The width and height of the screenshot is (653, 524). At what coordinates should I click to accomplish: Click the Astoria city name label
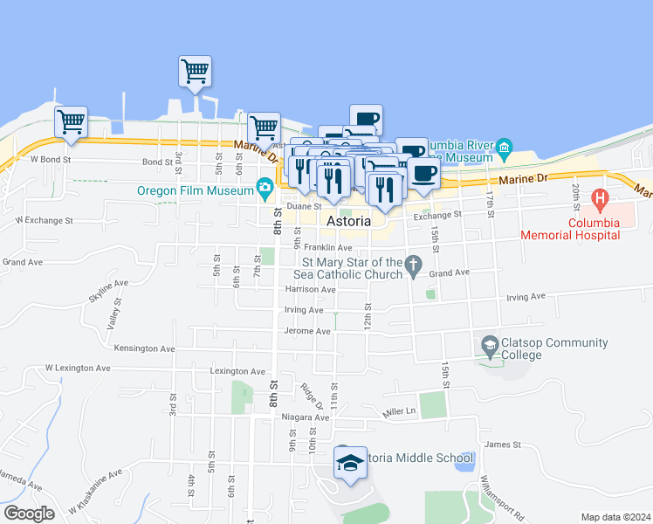(348, 222)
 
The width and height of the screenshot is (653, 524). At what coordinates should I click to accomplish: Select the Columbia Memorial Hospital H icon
(600, 198)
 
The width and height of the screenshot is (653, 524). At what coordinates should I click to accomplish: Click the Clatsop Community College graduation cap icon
(490, 348)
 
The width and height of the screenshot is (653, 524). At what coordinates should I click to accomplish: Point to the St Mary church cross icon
(415, 263)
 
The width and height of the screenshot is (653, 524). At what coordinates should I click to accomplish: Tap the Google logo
(28, 514)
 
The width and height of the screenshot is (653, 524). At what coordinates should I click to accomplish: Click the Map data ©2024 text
(616, 517)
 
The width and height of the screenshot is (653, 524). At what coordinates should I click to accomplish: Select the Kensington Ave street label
(144, 348)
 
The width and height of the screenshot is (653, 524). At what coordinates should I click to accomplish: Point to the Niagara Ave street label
(306, 417)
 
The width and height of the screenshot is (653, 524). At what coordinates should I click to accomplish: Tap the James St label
(502, 445)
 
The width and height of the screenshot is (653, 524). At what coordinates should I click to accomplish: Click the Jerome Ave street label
(308, 331)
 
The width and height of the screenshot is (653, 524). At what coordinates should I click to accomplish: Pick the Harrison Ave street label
(310, 289)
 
